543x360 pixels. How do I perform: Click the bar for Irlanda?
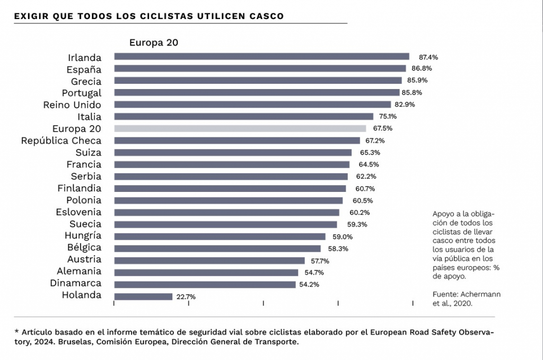click(x=261, y=56)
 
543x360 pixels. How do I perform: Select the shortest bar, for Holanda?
click(x=143, y=297)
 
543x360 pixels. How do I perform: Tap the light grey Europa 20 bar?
click(x=240, y=128)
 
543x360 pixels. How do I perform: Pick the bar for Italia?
click(x=244, y=116)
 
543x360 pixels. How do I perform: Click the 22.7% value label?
click(x=185, y=297)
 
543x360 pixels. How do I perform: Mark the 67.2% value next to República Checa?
click(x=374, y=141)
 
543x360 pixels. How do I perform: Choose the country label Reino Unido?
click(x=72, y=104)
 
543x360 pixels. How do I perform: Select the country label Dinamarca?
click(x=75, y=283)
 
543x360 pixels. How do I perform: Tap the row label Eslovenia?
click(x=78, y=212)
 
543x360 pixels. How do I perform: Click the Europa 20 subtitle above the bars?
click(x=153, y=43)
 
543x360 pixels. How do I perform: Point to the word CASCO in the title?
click(x=266, y=16)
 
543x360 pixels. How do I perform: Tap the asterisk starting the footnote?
click(x=16, y=331)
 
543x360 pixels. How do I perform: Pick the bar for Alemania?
click(x=206, y=273)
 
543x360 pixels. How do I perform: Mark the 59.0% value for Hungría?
click(x=342, y=236)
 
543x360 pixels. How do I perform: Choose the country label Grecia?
click(x=86, y=81)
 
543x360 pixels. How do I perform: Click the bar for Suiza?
click(x=233, y=152)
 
